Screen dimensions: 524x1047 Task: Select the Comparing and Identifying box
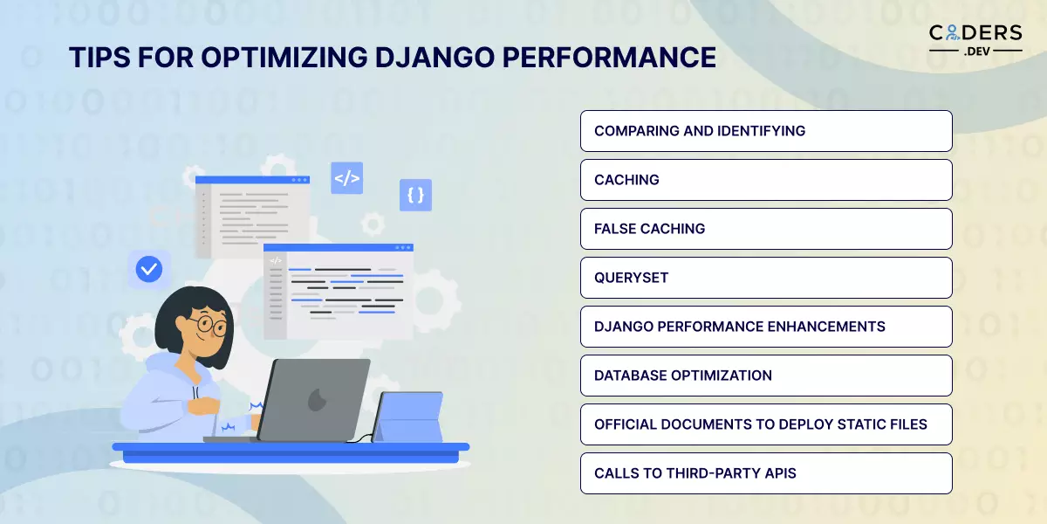coord(765,131)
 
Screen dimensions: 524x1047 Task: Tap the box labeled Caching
coord(765,180)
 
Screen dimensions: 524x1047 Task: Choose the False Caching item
coord(765,229)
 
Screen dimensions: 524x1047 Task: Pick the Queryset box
coord(765,278)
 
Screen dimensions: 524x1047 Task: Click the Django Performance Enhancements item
coord(765,327)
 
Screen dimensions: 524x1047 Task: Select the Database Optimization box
coord(765,376)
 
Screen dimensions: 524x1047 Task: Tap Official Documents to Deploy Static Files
coord(765,424)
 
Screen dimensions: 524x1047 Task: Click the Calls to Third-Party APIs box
coord(765,473)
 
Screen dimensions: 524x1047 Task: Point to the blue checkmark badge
coord(149,269)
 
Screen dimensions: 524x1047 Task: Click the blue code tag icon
coord(346,178)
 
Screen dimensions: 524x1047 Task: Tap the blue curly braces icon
coord(415,196)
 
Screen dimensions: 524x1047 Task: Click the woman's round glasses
coord(209,326)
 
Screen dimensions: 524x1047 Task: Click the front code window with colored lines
coord(339,292)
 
